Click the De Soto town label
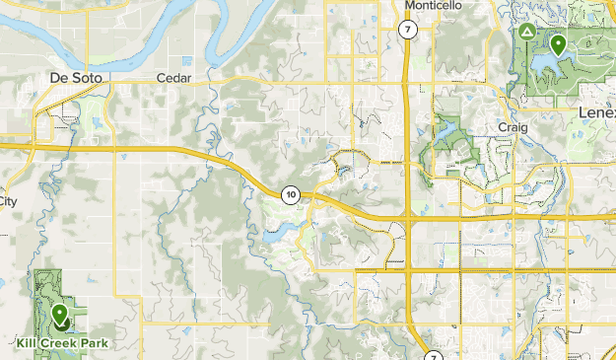76,77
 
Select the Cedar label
173,78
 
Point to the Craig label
514,127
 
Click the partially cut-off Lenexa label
596,111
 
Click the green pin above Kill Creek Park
60,316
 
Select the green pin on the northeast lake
558,44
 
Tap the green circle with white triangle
526,33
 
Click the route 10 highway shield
290,194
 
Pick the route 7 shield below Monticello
407,30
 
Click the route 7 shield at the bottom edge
433,354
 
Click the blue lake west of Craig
451,129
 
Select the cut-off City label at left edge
8,200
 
